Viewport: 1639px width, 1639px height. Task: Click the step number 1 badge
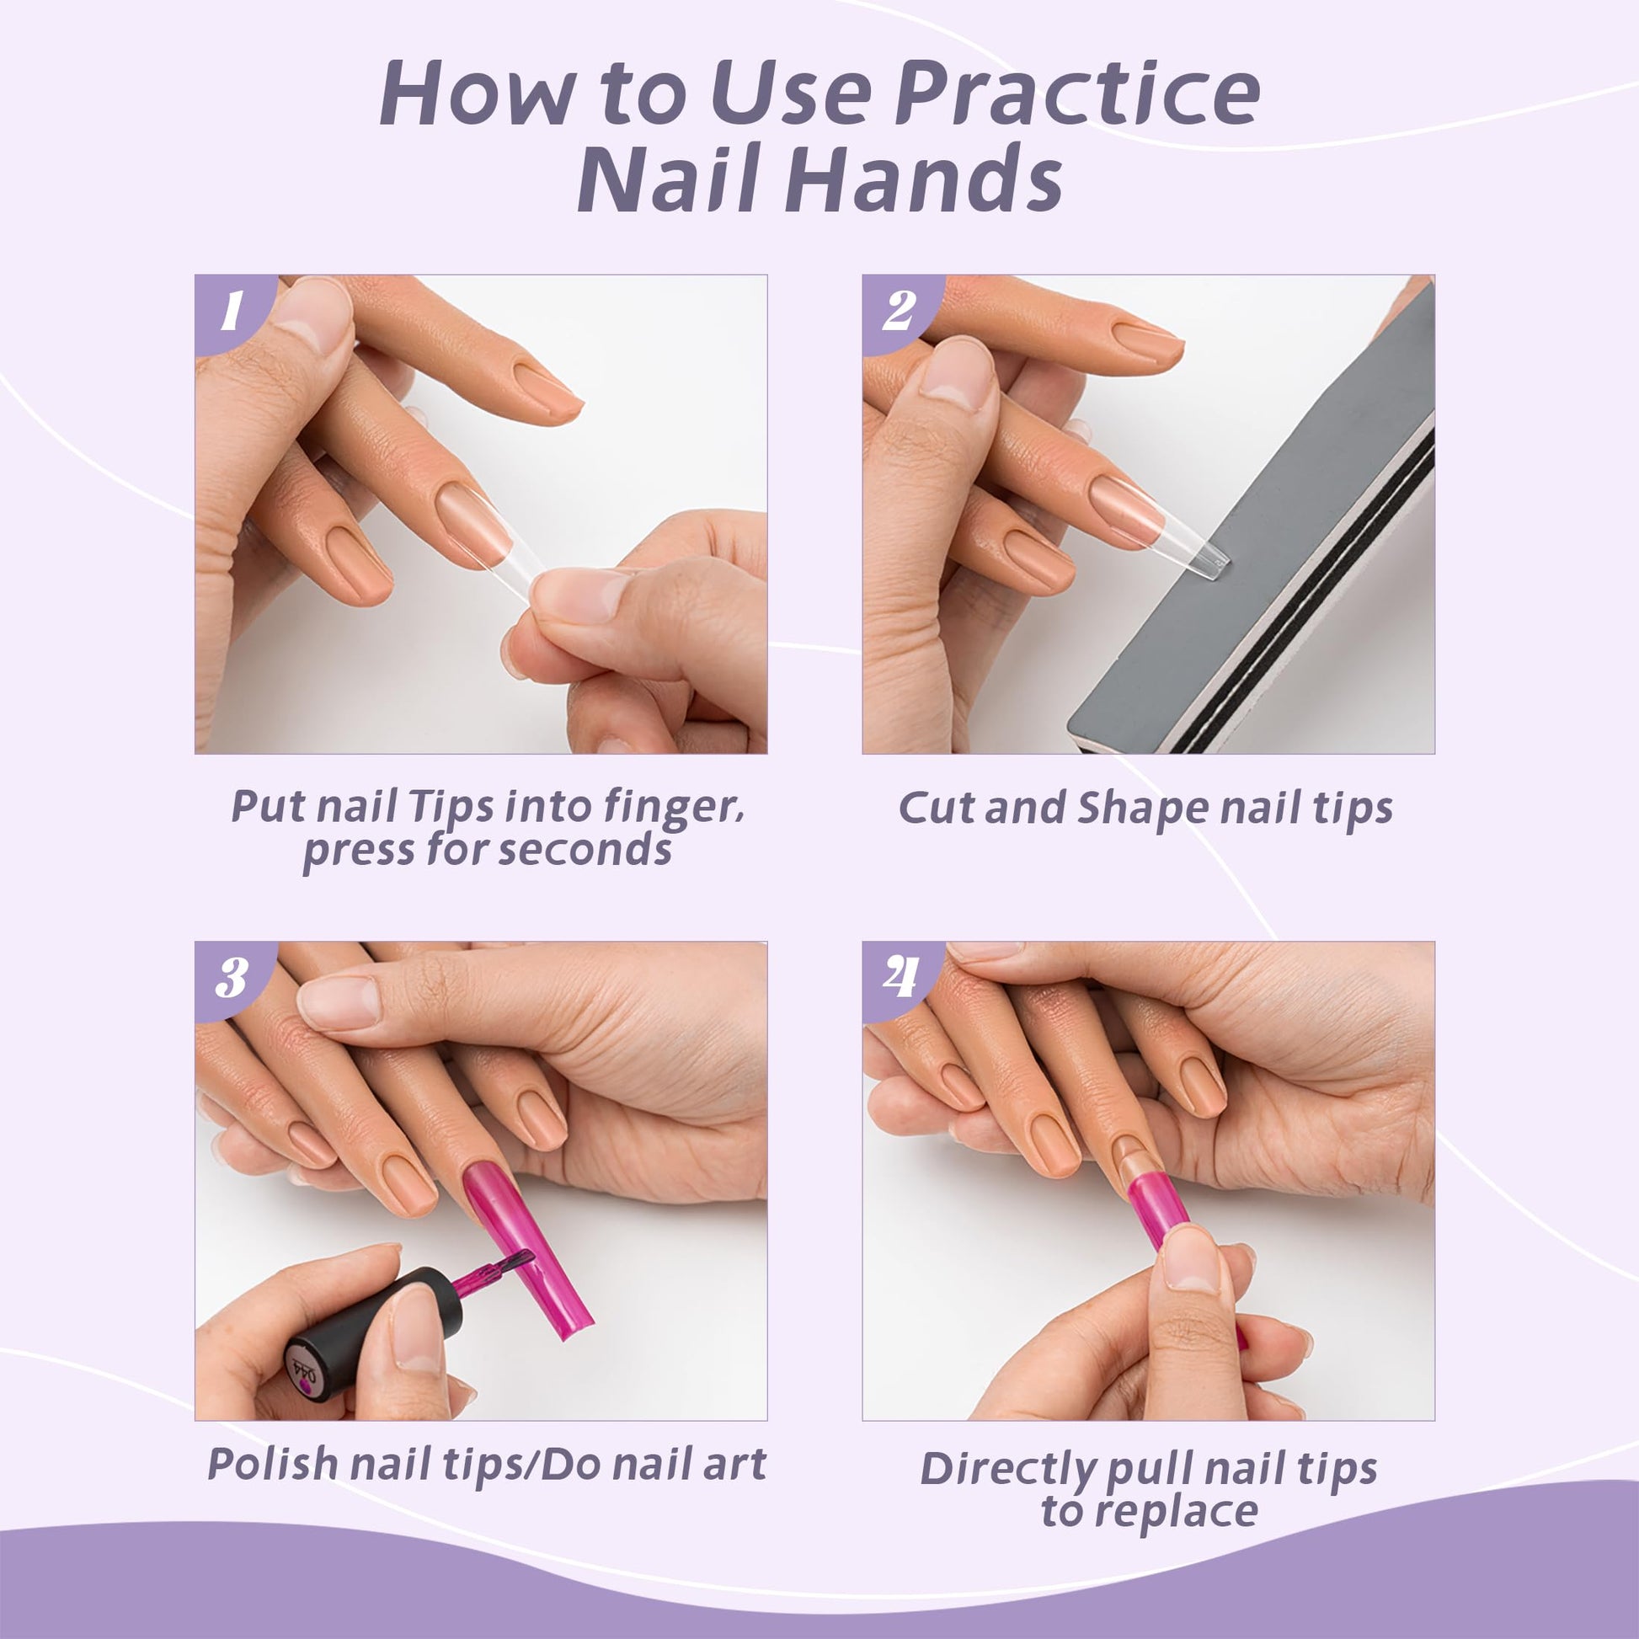pyautogui.click(x=231, y=312)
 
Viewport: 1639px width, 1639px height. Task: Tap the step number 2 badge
pyautogui.click(x=899, y=312)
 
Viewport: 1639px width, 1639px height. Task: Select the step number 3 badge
pyautogui.click(x=231, y=978)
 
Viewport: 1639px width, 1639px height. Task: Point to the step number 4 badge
pyautogui.click(x=899, y=978)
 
